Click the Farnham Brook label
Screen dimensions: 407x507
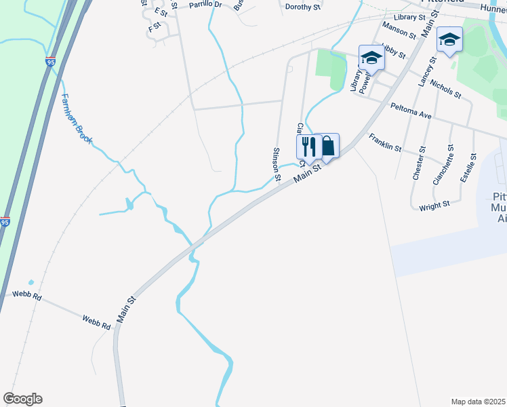coord(75,119)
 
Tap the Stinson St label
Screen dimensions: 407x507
coord(277,165)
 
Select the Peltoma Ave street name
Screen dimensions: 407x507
coord(411,111)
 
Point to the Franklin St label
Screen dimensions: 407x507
coord(385,142)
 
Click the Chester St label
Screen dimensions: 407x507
coord(419,163)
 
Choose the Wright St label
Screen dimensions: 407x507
coord(434,205)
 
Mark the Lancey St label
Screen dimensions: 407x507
coord(425,71)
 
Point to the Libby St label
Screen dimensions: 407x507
coord(393,51)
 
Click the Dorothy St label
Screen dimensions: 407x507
coord(302,7)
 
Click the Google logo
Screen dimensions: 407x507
coord(22,399)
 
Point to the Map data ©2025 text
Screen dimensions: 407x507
coord(478,402)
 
